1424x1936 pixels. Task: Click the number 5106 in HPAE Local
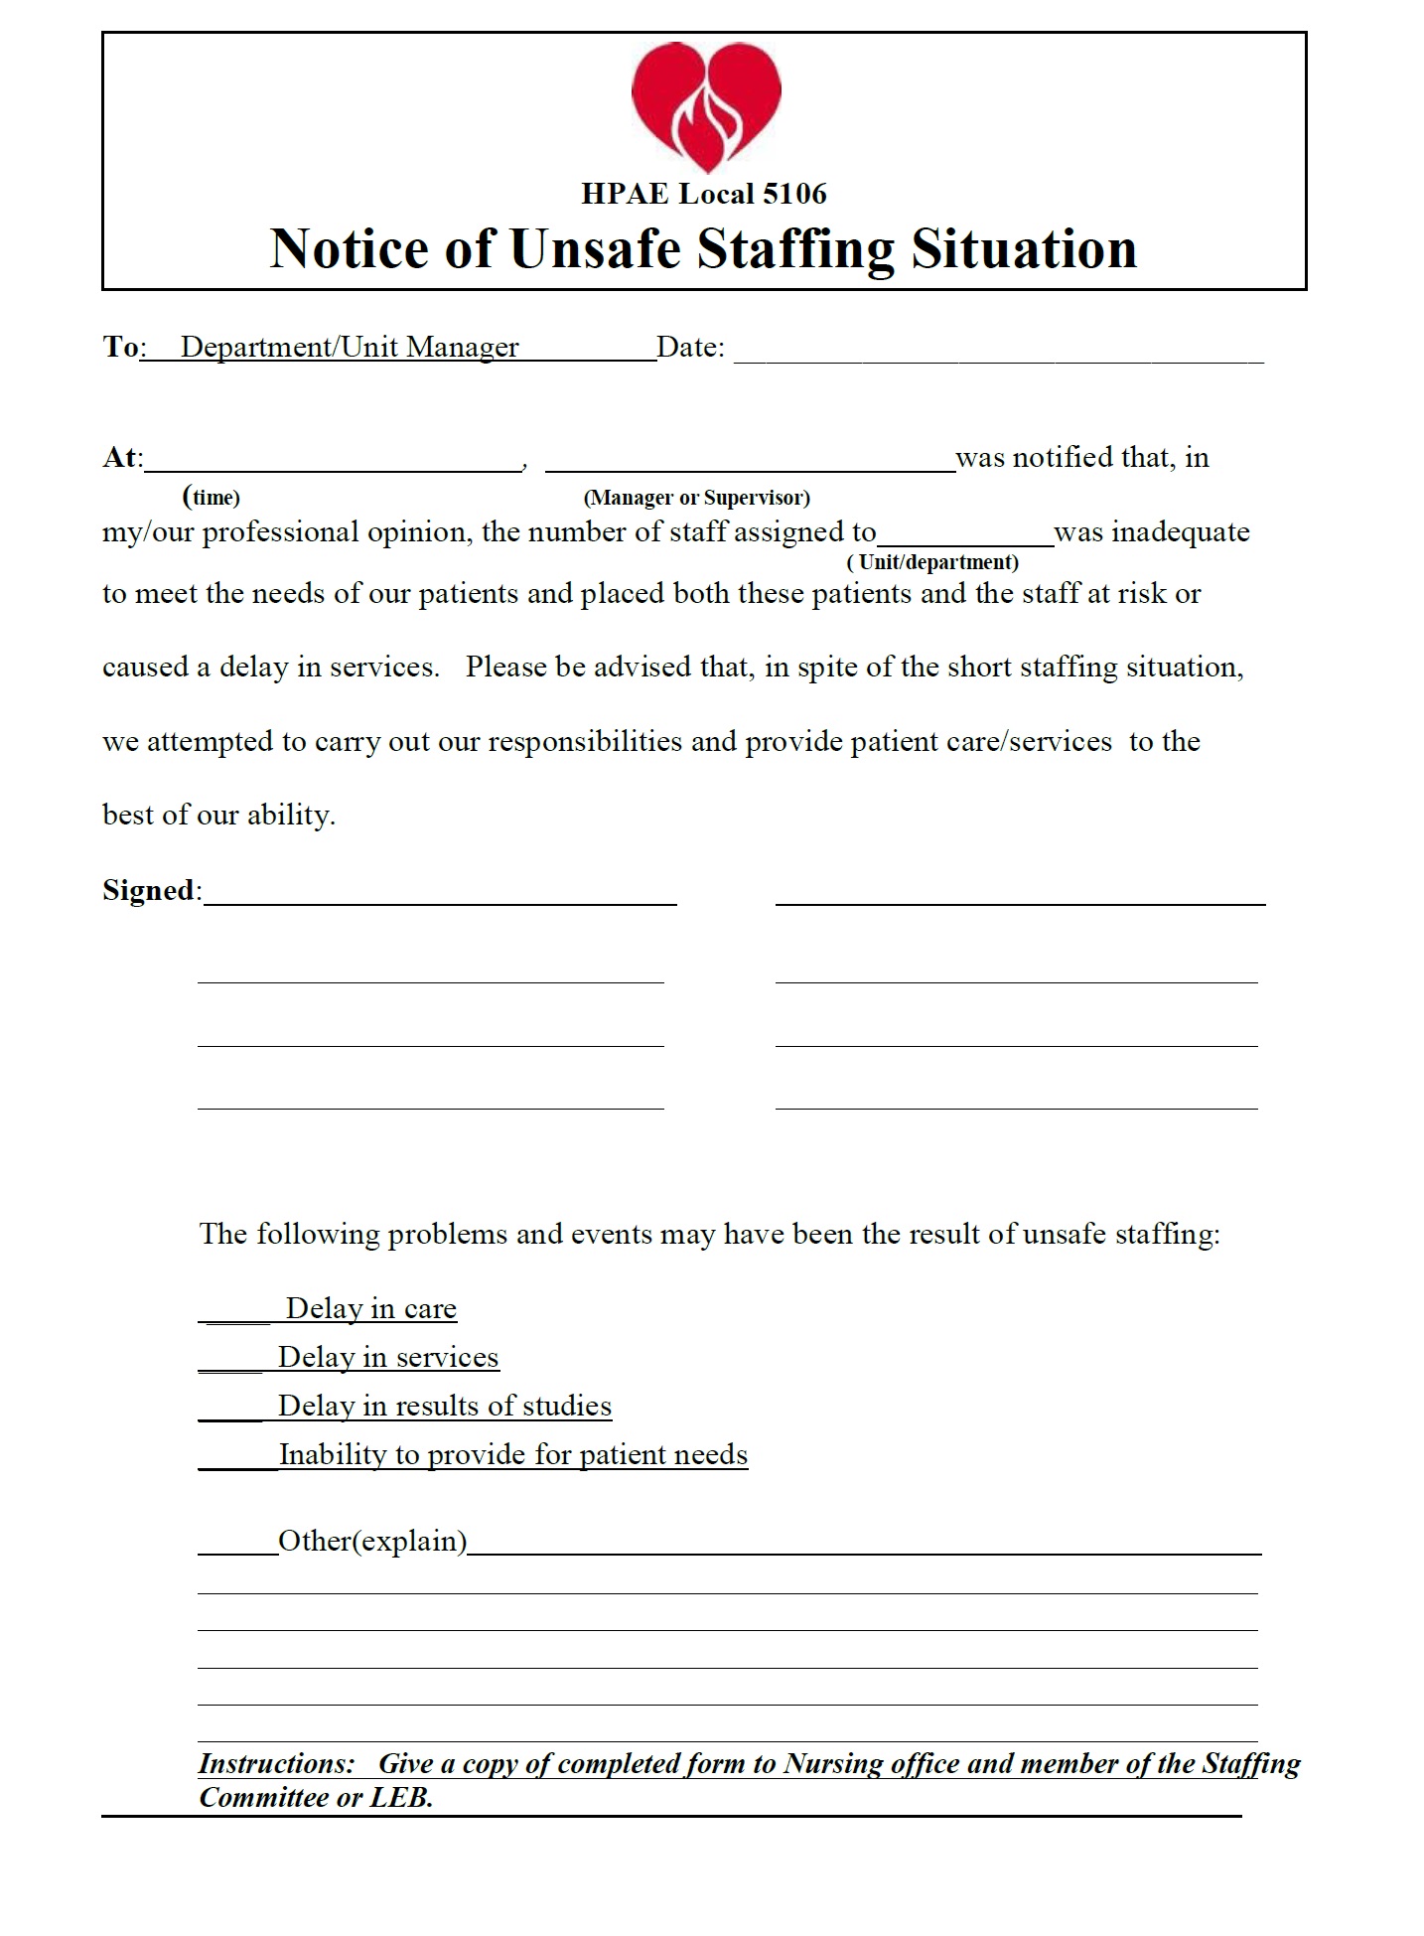click(x=793, y=194)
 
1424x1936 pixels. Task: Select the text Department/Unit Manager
click(x=350, y=347)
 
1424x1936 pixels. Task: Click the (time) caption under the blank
click(x=212, y=497)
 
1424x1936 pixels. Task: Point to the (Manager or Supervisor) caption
click(x=696, y=498)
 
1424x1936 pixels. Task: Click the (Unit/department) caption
click(x=932, y=562)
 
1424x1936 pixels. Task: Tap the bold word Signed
click(x=149, y=890)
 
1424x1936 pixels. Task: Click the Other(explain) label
click(x=372, y=1541)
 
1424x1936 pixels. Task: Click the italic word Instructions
click(x=275, y=1763)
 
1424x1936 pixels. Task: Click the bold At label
click(x=120, y=458)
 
